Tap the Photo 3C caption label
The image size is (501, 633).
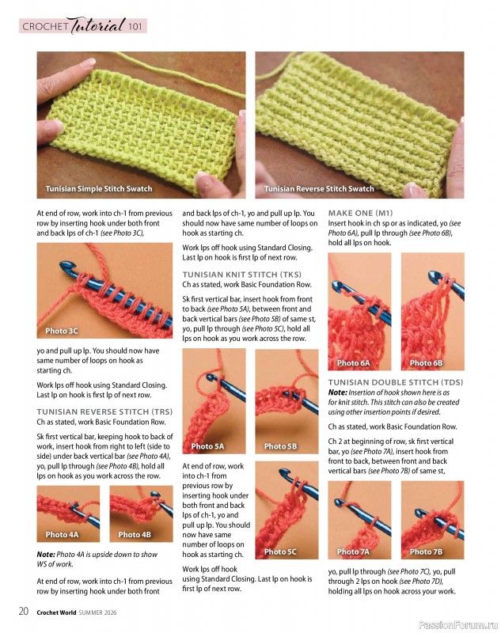point(62,331)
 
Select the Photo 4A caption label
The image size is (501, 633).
point(62,535)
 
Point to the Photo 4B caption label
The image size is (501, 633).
point(135,535)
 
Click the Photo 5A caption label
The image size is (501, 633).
point(207,446)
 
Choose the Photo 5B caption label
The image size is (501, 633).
point(280,446)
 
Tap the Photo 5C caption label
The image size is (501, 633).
point(280,552)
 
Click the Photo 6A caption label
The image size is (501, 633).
point(353,363)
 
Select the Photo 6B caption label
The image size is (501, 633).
point(426,363)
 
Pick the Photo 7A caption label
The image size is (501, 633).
point(353,552)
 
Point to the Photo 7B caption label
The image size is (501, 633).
point(426,552)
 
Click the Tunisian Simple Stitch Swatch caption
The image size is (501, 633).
point(99,189)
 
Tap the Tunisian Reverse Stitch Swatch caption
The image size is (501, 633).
point(319,189)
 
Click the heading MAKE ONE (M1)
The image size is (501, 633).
point(360,214)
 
